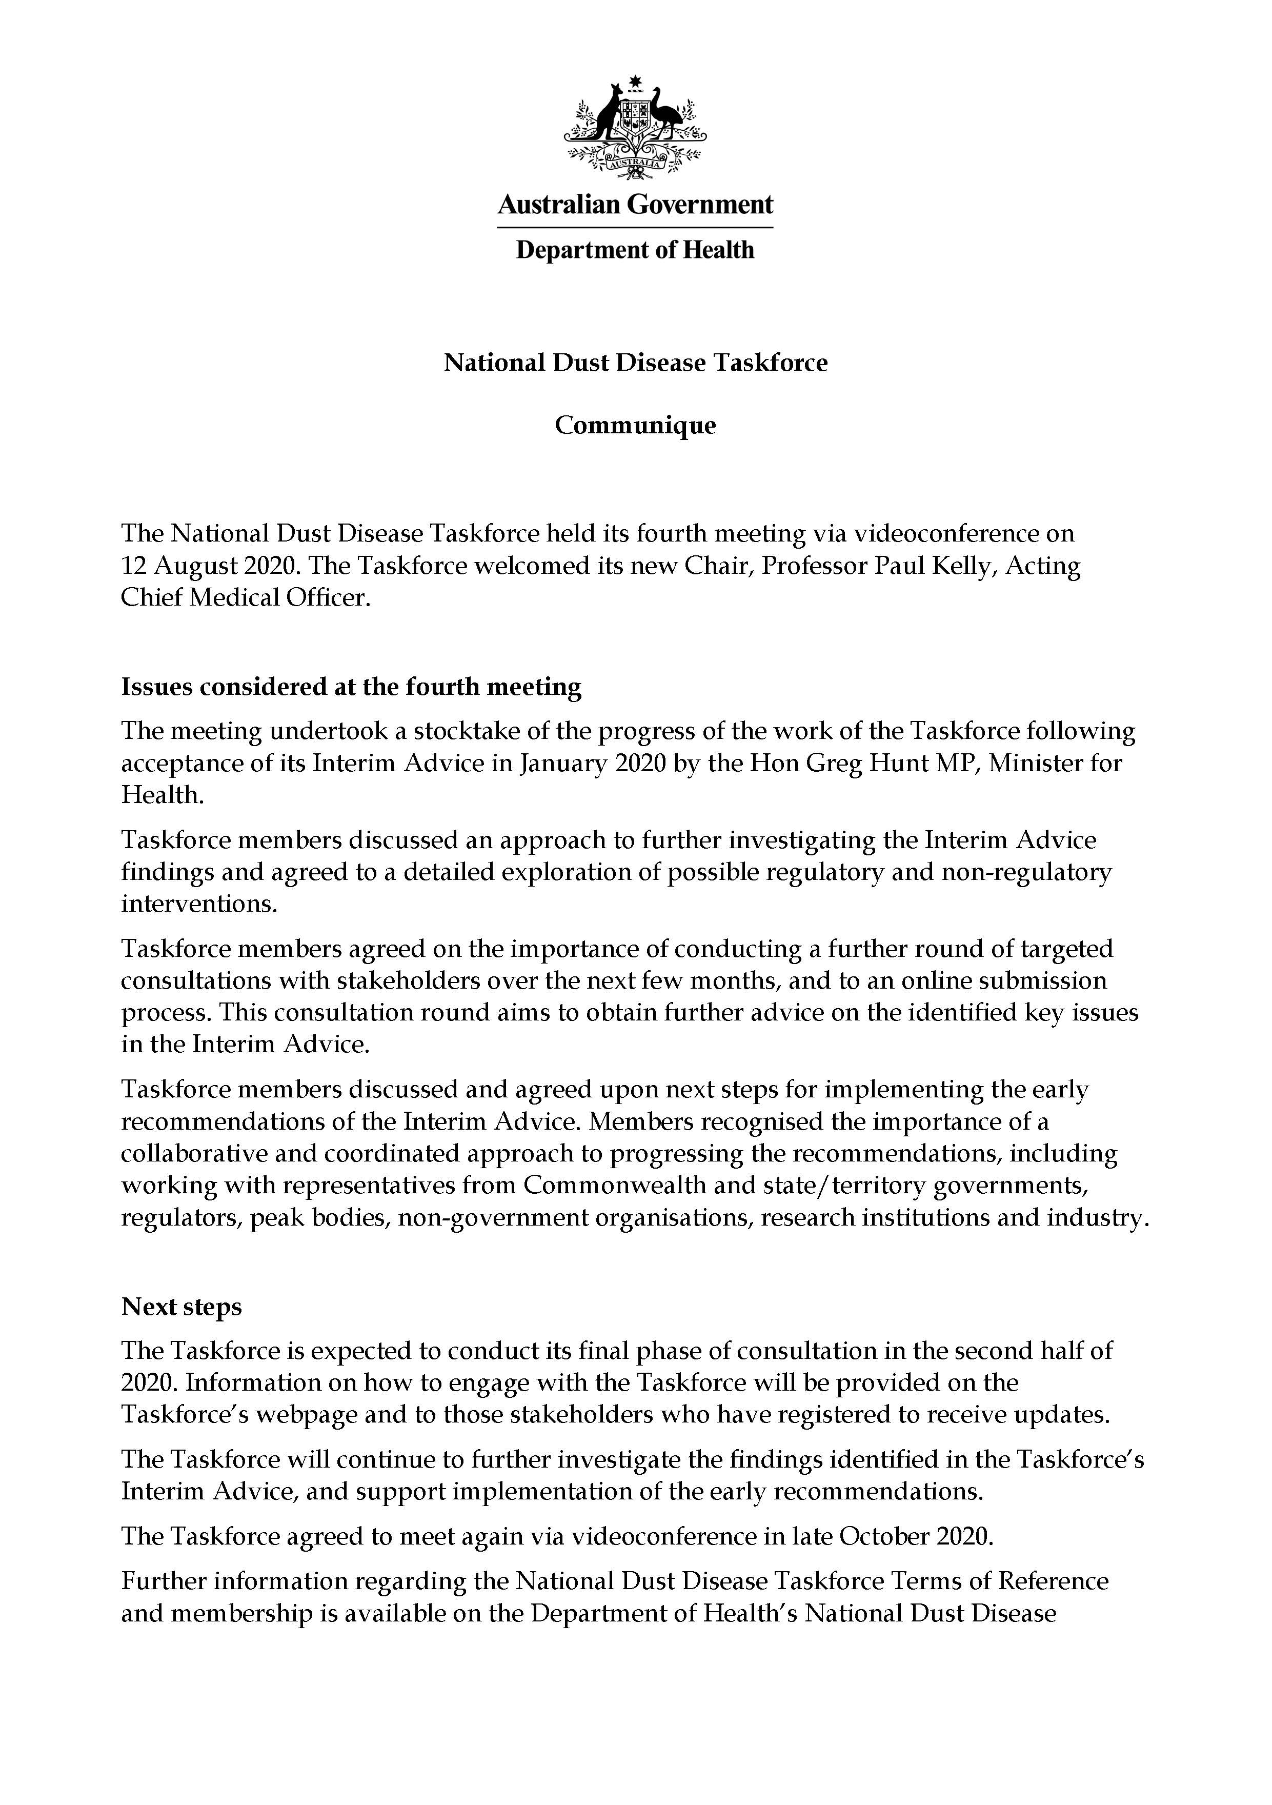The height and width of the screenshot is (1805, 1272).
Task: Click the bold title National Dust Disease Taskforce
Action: (x=635, y=363)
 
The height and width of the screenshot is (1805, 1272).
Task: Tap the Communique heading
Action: (x=635, y=425)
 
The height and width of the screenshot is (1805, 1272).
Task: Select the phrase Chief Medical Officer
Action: (x=244, y=597)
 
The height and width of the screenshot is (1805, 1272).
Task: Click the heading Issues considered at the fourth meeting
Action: (x=351, y=687)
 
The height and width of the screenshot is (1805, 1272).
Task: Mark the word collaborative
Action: (x=203, y=1153)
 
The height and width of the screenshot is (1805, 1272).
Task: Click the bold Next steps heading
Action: (x=181, y=1307)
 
